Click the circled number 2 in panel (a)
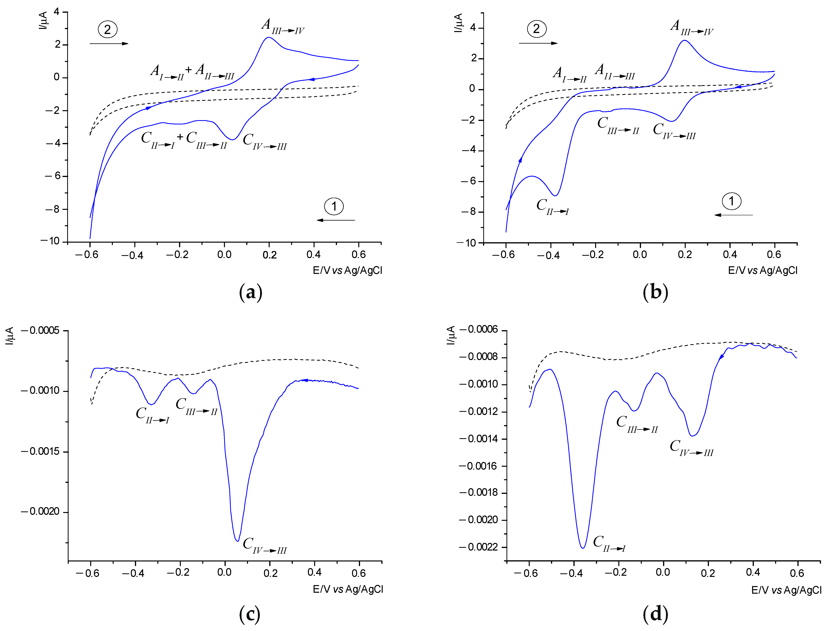108,29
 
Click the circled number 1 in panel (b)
731,201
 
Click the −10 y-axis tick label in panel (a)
51,241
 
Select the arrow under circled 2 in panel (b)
538,43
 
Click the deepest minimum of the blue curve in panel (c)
237,541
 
